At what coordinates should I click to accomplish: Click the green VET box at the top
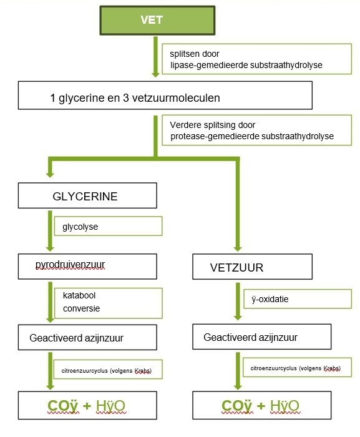click(x=157, y=21)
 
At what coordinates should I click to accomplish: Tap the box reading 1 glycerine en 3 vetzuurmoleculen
click(x=165, y=96)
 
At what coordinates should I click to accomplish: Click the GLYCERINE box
click(x=87, y=195)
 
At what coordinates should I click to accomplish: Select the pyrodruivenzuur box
click(x=87, y=267)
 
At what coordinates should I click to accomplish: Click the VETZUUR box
click(x=252, y=267)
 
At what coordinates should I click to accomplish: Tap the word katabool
click(x=79, y=295)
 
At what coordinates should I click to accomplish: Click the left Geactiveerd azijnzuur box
click(x=87, y=337)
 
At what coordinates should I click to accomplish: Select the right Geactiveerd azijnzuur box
click(x=261, y=336)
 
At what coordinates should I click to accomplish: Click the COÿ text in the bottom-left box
click(x=62, y=406)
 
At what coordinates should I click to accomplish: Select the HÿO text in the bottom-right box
click(x=285, y=406)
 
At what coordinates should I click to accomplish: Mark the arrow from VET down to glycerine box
click(x=155, y=57)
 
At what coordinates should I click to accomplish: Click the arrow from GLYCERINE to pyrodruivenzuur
click(x=50, y=231)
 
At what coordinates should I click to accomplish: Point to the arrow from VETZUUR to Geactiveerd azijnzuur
click(x=238, y=302)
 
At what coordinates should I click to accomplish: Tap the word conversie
click(x=81, y=308)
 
